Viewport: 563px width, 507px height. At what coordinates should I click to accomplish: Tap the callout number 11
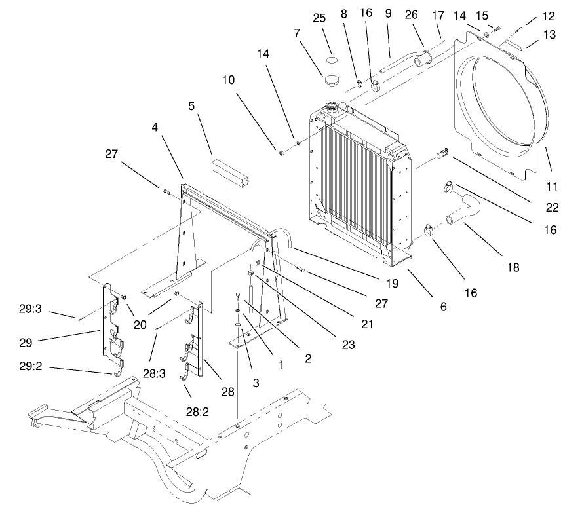(x=552, y=186)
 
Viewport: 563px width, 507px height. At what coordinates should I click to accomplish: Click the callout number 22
(x=552, y=208)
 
